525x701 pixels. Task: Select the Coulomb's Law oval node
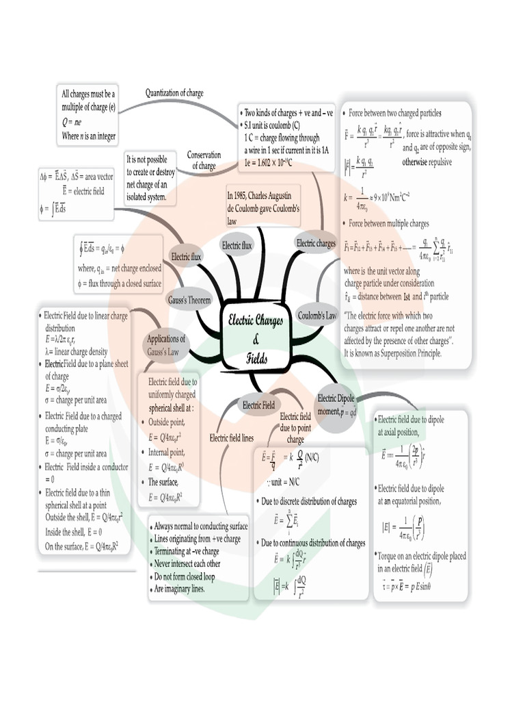point(317,316)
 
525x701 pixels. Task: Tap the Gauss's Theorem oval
point(189,300)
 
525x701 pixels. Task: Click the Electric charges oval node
point(316,243)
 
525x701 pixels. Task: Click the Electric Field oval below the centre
point(259,405)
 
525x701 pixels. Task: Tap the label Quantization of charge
point(174,93)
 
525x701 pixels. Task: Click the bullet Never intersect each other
point(187,563)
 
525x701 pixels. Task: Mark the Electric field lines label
point(232,438)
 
